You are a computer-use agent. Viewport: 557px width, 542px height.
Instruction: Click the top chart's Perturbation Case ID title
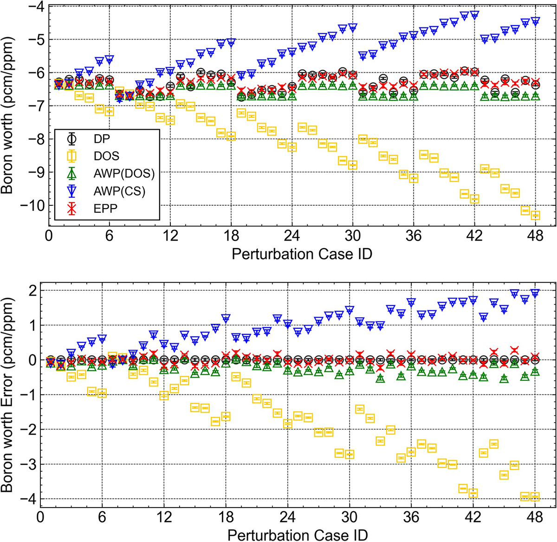coord(301,254)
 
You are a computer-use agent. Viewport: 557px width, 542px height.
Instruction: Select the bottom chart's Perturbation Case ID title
coord(298,535)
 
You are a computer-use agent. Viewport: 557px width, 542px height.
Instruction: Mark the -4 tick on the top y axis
coord(36,7)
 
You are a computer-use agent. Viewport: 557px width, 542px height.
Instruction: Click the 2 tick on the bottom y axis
coord(31,290)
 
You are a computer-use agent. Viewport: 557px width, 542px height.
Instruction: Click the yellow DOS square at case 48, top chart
coord(535,215)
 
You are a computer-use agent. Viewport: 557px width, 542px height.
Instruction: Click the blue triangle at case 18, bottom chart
coord(226,319)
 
